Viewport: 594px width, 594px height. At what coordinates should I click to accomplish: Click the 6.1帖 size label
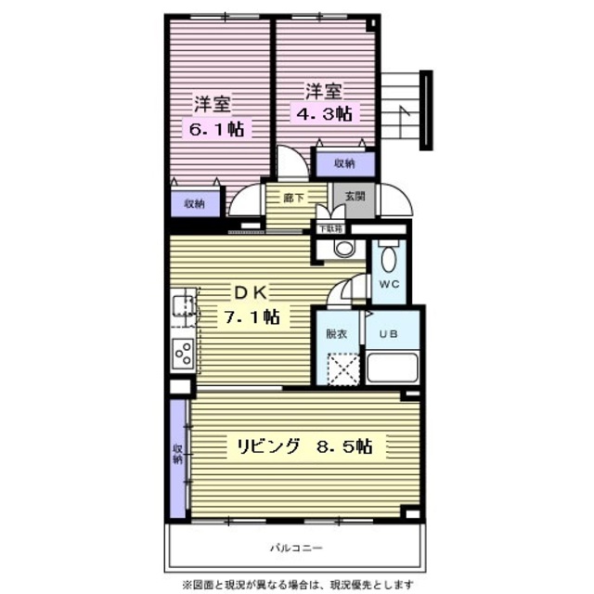217,130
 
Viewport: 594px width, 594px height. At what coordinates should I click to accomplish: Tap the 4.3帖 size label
324,114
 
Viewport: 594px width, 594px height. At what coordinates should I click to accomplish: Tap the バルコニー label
296,548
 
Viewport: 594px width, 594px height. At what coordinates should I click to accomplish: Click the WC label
388,286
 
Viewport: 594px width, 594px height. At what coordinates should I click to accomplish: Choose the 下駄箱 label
329,227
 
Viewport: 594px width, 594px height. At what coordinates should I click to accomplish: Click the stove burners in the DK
183,354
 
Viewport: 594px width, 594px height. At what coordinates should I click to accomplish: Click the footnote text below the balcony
297,585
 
